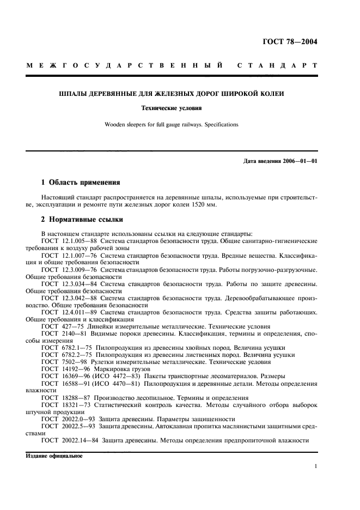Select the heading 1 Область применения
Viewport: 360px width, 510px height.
point(81,182)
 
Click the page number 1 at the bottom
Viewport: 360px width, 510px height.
point(316,466)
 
